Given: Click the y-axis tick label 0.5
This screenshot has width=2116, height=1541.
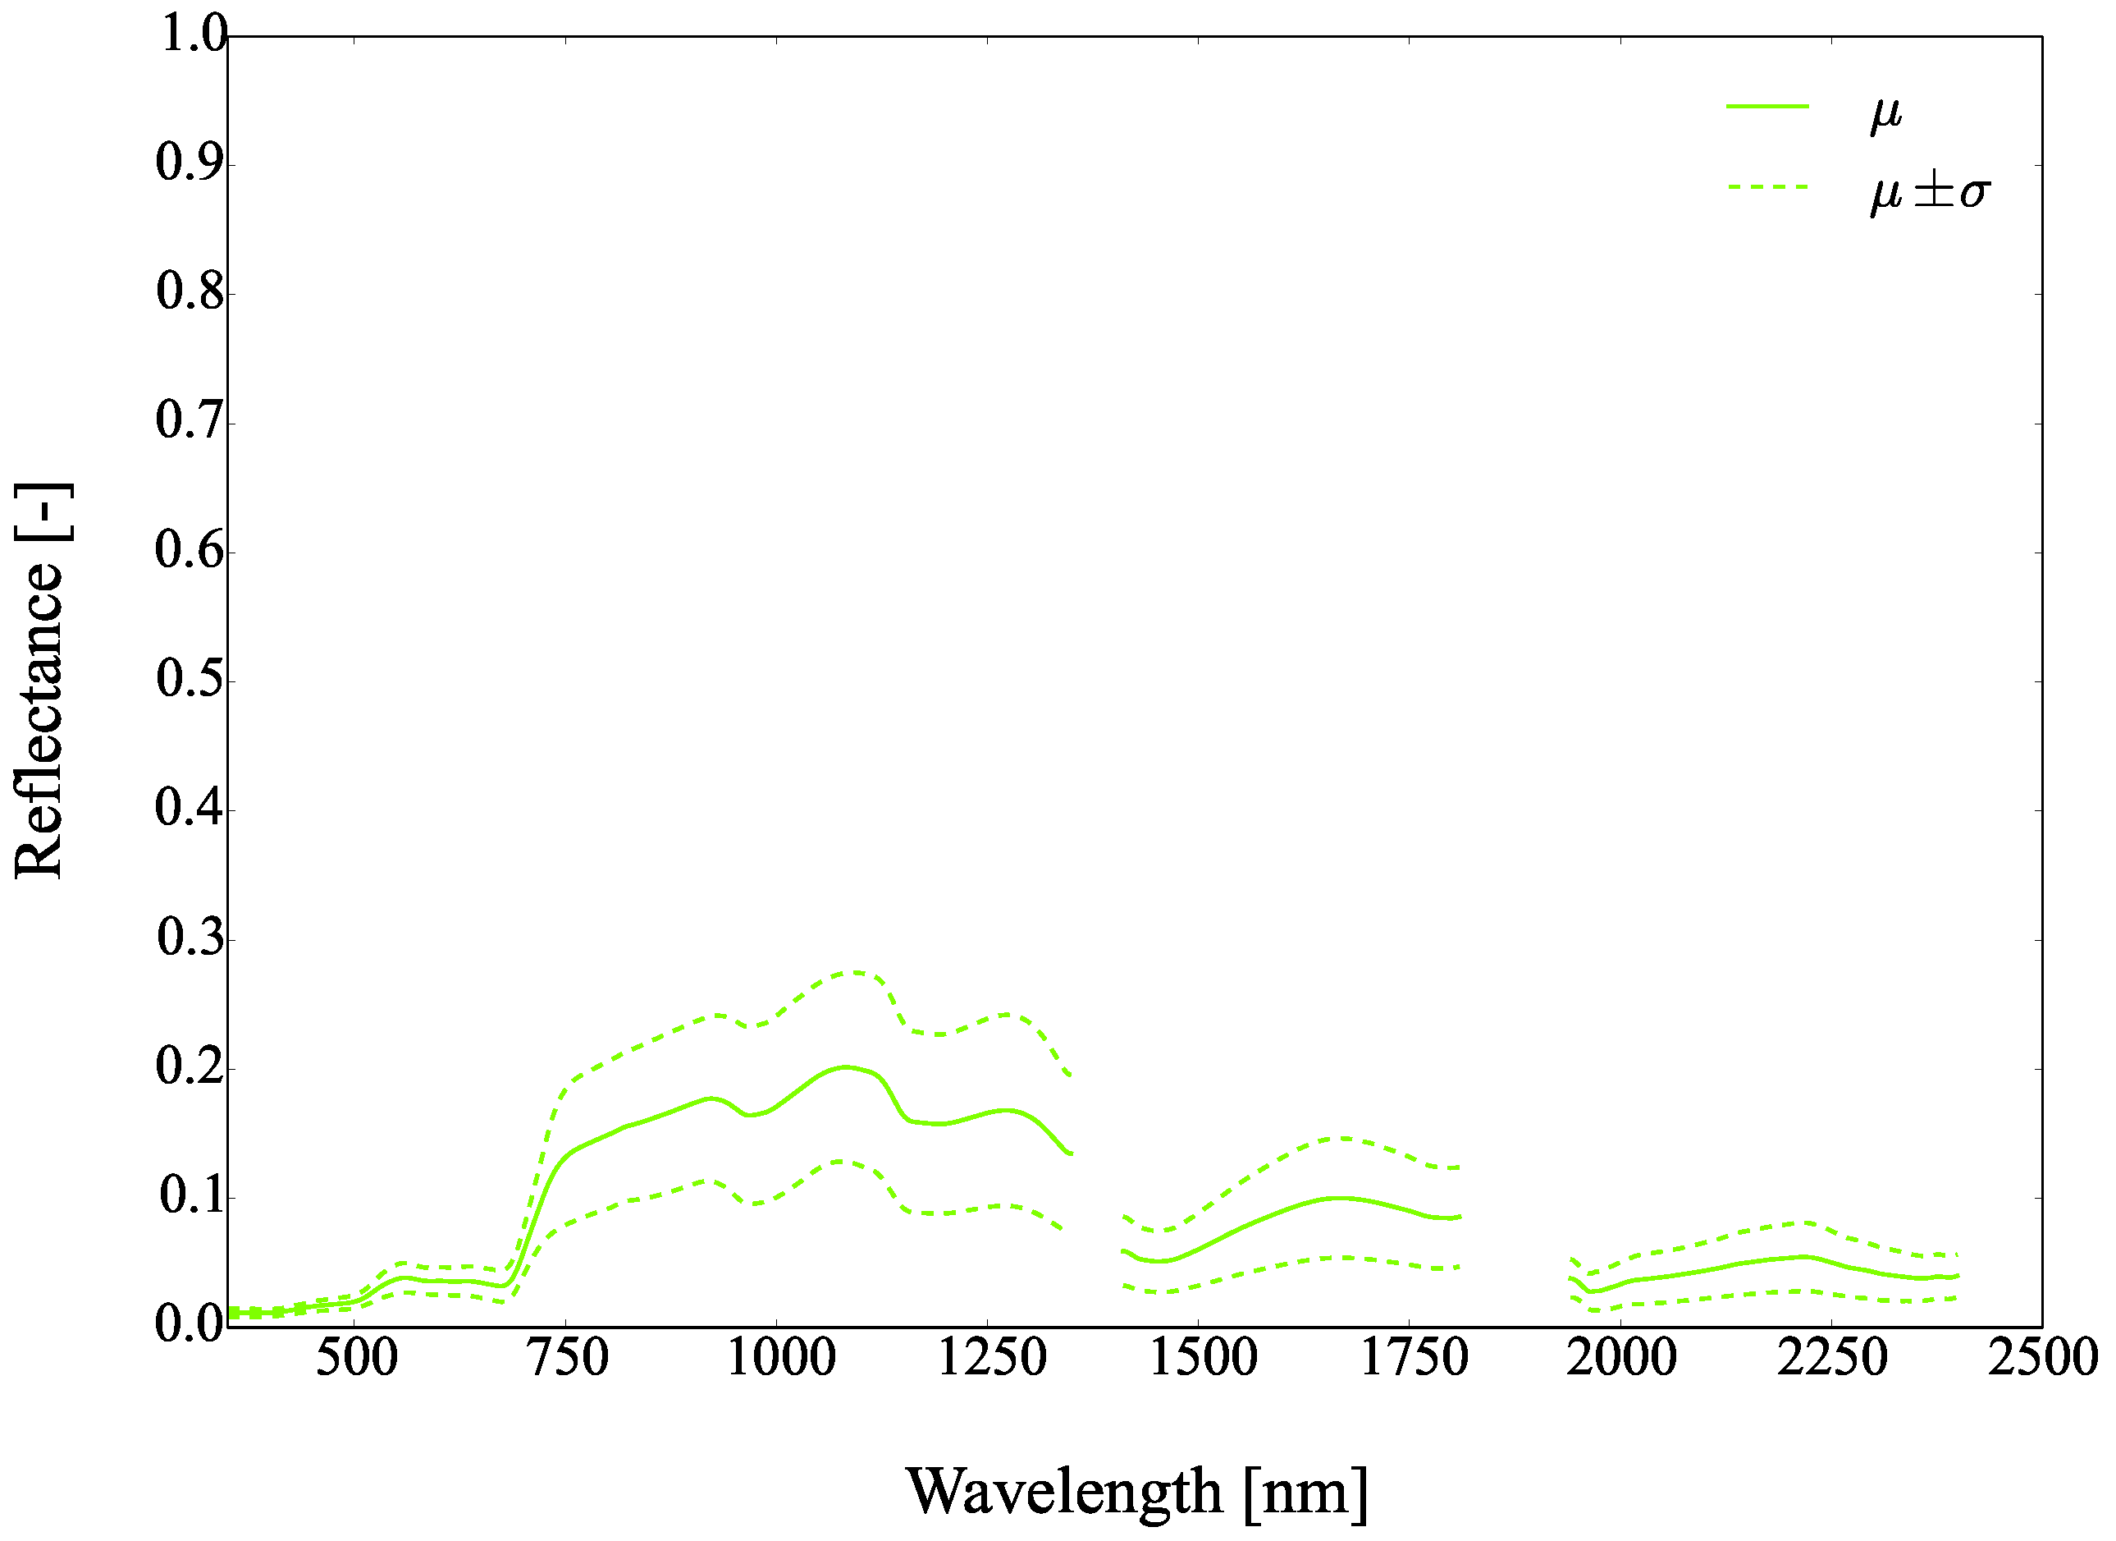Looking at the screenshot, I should (190, 680).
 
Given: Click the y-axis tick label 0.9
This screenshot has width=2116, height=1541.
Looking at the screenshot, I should (190, 163).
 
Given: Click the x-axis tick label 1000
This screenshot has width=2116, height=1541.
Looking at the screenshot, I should (781, 1358).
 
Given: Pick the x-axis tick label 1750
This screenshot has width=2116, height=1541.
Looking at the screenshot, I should (1414, 1358).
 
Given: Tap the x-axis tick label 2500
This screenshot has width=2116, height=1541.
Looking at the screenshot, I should (2043, 1358).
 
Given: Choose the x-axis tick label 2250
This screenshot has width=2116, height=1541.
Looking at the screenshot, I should (1831, 1358).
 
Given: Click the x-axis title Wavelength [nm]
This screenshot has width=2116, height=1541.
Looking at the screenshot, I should (1136, 1492).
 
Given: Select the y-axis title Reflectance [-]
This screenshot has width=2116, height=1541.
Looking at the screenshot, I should (39, 681).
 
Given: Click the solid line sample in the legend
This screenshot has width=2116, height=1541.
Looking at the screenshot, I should (1767, 107).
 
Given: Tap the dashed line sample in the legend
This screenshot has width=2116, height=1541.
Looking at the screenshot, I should (1767, 186).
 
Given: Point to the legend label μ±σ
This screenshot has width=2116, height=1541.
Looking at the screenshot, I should (1930, 191).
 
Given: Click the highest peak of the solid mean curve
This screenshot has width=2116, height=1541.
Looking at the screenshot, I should (845, 1066).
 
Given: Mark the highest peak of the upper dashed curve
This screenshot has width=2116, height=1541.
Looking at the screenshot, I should (852, 973).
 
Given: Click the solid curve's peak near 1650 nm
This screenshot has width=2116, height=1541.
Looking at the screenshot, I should (1340, 1199).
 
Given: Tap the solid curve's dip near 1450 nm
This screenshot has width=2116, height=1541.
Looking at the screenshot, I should (1161, 1262).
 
